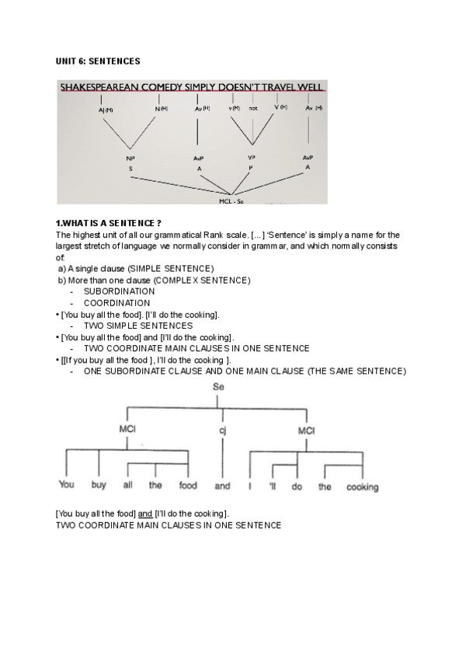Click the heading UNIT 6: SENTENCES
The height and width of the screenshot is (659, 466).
(98, 61)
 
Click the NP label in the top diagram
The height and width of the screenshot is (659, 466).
(131, 158)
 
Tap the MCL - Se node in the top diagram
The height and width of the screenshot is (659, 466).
(232, 199)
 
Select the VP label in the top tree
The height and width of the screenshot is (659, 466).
(251, 158)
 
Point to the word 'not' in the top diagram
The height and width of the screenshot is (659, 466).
(253, 108)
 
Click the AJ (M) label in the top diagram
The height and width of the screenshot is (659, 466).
(106, 110)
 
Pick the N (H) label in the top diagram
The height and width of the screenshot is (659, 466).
(161, 108)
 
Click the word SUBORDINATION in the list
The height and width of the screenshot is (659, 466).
(119, 291)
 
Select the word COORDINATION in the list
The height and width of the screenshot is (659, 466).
(116, 303)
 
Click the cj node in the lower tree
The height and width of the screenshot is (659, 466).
(222, 430)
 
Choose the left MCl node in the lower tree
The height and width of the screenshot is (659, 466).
(127, 430)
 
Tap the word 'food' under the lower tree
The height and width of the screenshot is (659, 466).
(188, 486)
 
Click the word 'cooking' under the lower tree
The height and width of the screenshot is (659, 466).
(362, 487)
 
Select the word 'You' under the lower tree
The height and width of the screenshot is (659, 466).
(67, 486)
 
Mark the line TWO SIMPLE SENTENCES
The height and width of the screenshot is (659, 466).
(138, 326)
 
